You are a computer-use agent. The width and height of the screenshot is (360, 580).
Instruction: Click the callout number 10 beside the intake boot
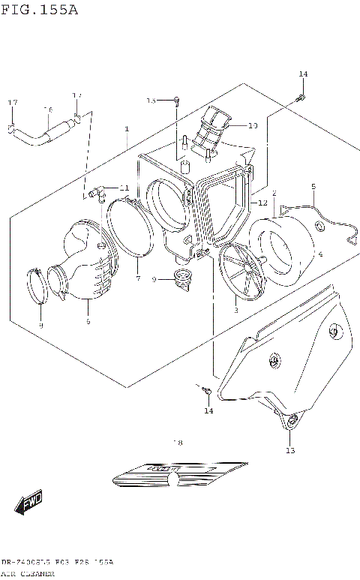coord(253,125)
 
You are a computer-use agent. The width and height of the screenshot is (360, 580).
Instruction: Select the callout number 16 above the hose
coord(48,110)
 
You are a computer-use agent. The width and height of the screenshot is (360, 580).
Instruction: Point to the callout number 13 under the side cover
coord(290,450)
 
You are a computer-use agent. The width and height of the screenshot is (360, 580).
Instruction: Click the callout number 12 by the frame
coord(262,203)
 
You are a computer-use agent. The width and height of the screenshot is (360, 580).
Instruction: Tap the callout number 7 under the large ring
coord(138,278)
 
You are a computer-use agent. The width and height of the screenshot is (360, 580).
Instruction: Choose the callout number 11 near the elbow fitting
coord(124,188)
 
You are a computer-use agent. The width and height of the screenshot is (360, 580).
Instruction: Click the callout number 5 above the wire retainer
coord(313,186)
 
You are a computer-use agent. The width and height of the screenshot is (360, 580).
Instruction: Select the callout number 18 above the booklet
coord(178,443)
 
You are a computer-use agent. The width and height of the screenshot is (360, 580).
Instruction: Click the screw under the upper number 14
coord(300,97)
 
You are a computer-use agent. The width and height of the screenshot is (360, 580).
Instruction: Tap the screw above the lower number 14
coord(204,389)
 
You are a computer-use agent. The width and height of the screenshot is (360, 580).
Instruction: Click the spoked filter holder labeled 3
coord(241,273)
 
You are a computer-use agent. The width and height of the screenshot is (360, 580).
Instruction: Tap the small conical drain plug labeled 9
coord(180,278)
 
